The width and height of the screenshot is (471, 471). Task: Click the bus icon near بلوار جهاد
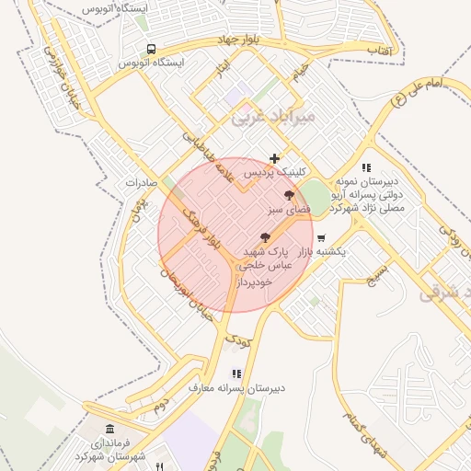pyautogui.click(x=151, y=49)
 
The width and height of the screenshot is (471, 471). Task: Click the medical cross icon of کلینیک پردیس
pyautogui.click(x=274, y=158)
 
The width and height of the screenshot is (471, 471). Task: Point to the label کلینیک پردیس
pyautogui.click(x=272, y=172)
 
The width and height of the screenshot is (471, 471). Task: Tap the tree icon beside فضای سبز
pyautogui.click(x=289, y=195)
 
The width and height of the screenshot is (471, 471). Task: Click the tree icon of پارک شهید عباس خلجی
pyautogui.click(x=266, y=236)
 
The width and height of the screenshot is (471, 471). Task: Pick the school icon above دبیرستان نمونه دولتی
pyautogui.click(x=366, y=167)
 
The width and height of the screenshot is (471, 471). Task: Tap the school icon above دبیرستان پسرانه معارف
pyautogui.click(x=236, y=373)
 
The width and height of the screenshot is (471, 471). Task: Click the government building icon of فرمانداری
pyautogui.click(x=110, y=429)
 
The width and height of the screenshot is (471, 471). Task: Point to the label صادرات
pyautogui.click(x=143, y=182)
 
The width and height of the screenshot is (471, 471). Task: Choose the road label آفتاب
pyautogui.click(x=379, y=48)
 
